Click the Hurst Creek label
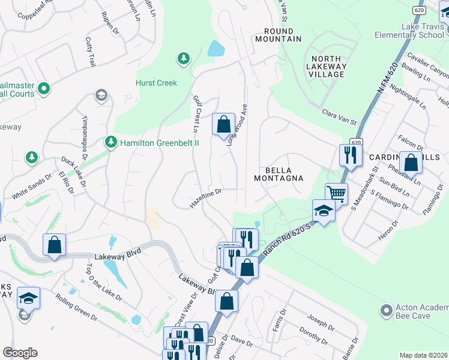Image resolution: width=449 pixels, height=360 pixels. click(156, 83)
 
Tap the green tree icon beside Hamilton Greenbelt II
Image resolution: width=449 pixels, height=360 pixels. click(110, 142)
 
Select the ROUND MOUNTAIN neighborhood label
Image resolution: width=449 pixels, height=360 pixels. click(278, 35)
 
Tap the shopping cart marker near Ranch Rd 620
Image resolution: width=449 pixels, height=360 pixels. click(336, 194)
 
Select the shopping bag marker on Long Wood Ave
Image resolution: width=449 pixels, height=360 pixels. click(223, 125)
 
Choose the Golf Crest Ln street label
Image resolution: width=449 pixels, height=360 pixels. click(196, 113)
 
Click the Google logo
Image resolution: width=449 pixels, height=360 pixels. click(20, 352)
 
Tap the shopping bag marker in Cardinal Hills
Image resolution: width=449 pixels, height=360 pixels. click(411, 163)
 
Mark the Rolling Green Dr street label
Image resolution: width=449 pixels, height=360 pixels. click(77, 309)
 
